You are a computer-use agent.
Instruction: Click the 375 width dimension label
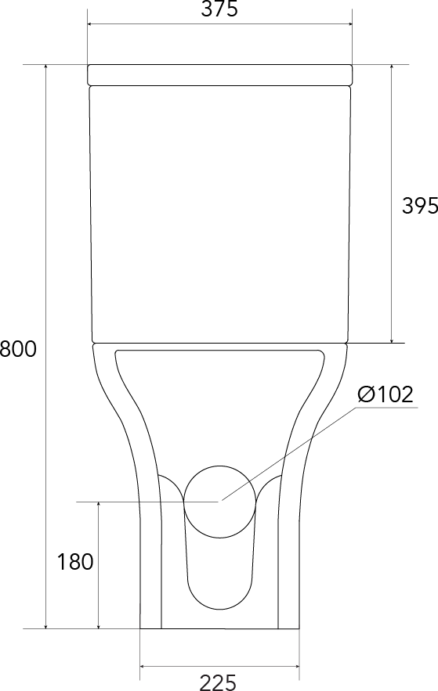pos(219,9)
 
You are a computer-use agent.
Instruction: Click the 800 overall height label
pos(18,349)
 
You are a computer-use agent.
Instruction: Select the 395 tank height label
pos(419,205)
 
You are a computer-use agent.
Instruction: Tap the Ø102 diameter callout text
pos(386,394)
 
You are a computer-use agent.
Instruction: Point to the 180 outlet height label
pos(75,562)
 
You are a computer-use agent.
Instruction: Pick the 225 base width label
pos(219,682)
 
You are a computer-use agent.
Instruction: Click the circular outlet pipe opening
pos(219,502)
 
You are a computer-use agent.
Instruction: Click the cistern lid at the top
pos(219,74)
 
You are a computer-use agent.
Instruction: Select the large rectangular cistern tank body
pos(220,214)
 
